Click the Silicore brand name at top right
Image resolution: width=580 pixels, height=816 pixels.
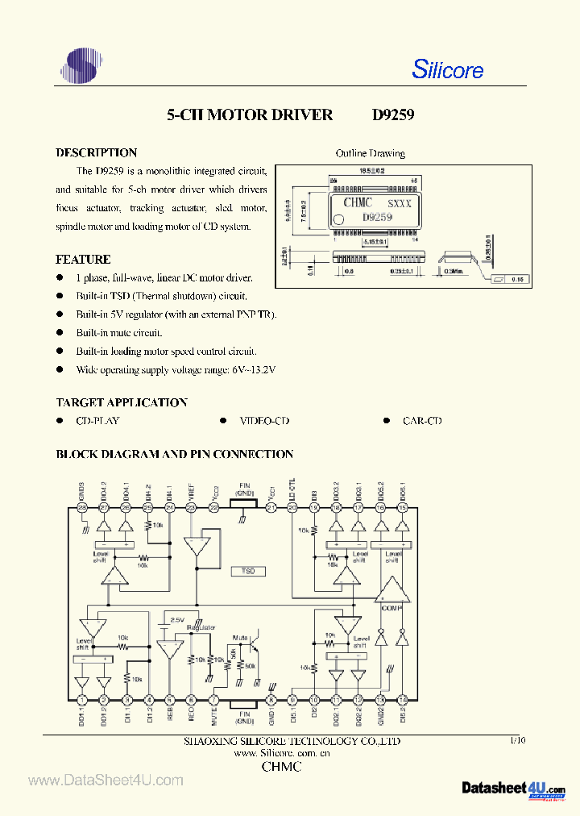click(x=447, y=70)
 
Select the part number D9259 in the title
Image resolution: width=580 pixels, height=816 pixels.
click(x=393, y=115)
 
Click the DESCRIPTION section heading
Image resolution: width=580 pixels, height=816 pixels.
click(x=96, y=152)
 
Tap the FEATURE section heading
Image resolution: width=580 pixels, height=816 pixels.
click(x=83, y=260)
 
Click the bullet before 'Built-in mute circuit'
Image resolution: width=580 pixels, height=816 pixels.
click(x=60, y=333)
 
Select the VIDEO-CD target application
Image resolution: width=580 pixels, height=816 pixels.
click(x=264, y=421)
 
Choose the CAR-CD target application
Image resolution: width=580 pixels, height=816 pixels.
click(x=422, y=421)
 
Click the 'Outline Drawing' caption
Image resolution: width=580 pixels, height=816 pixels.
click(x=370, y=153)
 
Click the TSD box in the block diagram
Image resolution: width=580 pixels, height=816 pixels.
click(x=248, y=571)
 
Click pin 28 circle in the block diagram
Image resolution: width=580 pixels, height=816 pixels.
click(x=81, y=508)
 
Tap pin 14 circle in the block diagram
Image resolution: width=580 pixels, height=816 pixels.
click(x=402, y=701)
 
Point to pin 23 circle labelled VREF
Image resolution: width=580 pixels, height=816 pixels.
click(x=191, y=508)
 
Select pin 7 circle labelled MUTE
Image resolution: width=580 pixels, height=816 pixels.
click(x=213, y=701)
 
